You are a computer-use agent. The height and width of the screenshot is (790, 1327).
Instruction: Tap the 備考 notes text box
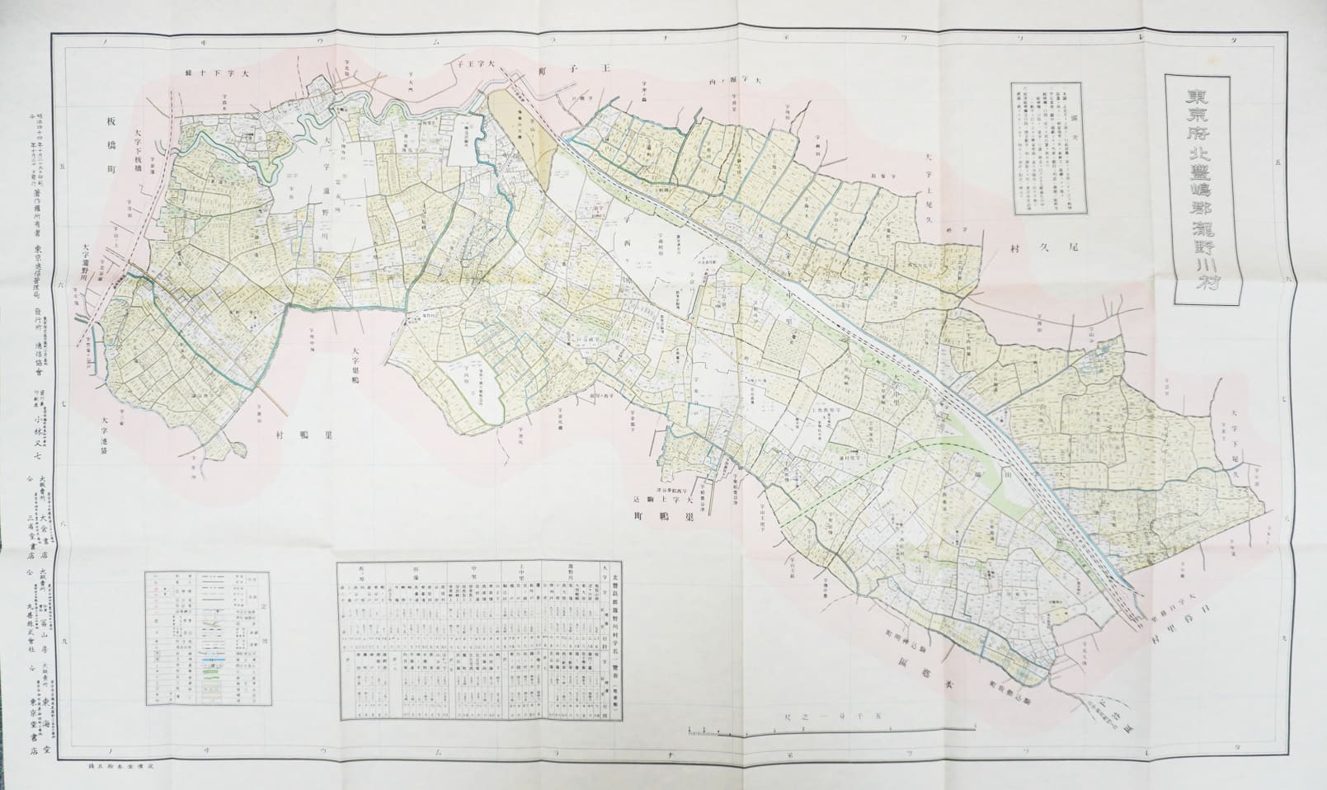pos(1048,148)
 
